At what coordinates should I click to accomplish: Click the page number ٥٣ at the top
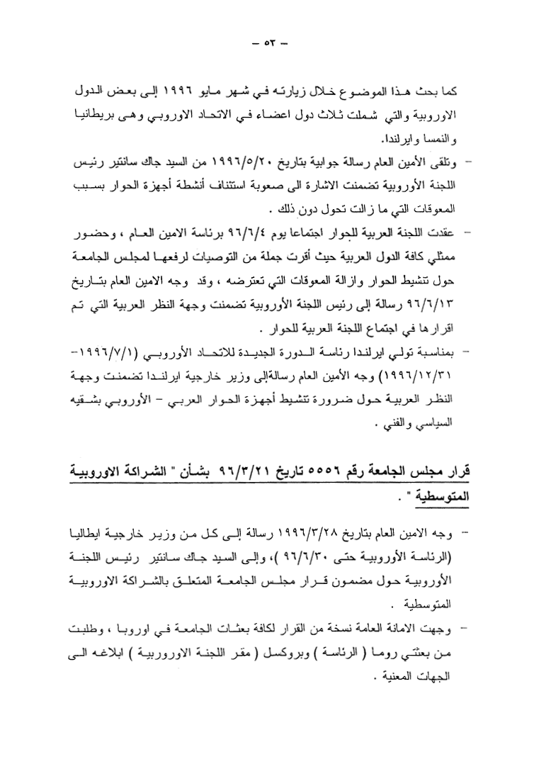pyautogui.click(x=272, y=43)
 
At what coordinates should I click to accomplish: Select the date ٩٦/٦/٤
pyautogui.click(x=225, y=232)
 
